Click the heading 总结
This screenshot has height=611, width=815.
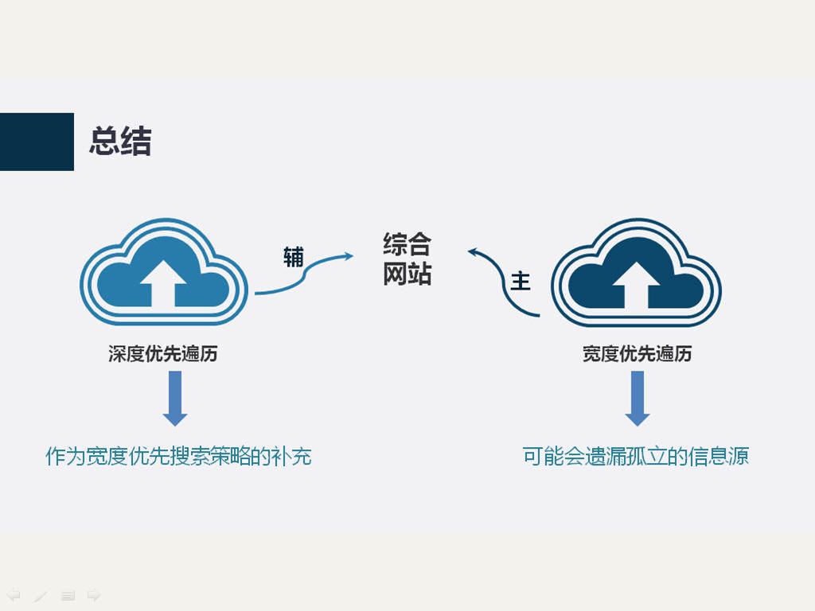[x=121, y=141]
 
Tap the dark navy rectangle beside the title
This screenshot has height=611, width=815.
[x=37, y=142]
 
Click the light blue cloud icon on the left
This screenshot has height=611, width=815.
[x=164, y=272]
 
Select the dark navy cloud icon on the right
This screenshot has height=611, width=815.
[x=636, y=272]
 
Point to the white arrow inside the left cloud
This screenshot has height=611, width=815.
[x=163, y=284]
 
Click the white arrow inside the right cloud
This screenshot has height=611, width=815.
[x=636, y=285]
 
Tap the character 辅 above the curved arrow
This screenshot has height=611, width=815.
[x=293, y=257]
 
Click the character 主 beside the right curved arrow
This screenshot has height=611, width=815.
[x=521, y=281]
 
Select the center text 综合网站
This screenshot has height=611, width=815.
[x=407, y=259]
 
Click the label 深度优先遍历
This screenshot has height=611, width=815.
[x=163, y=354]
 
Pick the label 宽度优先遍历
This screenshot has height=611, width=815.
[x=637, y=354]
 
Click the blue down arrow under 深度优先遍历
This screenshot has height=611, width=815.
[x=175, y=399]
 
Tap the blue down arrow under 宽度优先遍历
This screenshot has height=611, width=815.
[x=638, y=399]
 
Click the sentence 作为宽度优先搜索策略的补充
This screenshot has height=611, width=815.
[x=178, y=456]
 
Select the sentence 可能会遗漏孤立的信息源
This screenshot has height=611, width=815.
[x=635, y=456]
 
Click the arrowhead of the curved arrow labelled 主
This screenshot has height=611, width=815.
[x=473, y=252]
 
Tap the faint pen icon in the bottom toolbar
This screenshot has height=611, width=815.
[x=41, y=595]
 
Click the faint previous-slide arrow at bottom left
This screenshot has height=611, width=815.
[x=14, y=595]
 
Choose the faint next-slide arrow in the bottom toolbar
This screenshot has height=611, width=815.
[x=94, y=595]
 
